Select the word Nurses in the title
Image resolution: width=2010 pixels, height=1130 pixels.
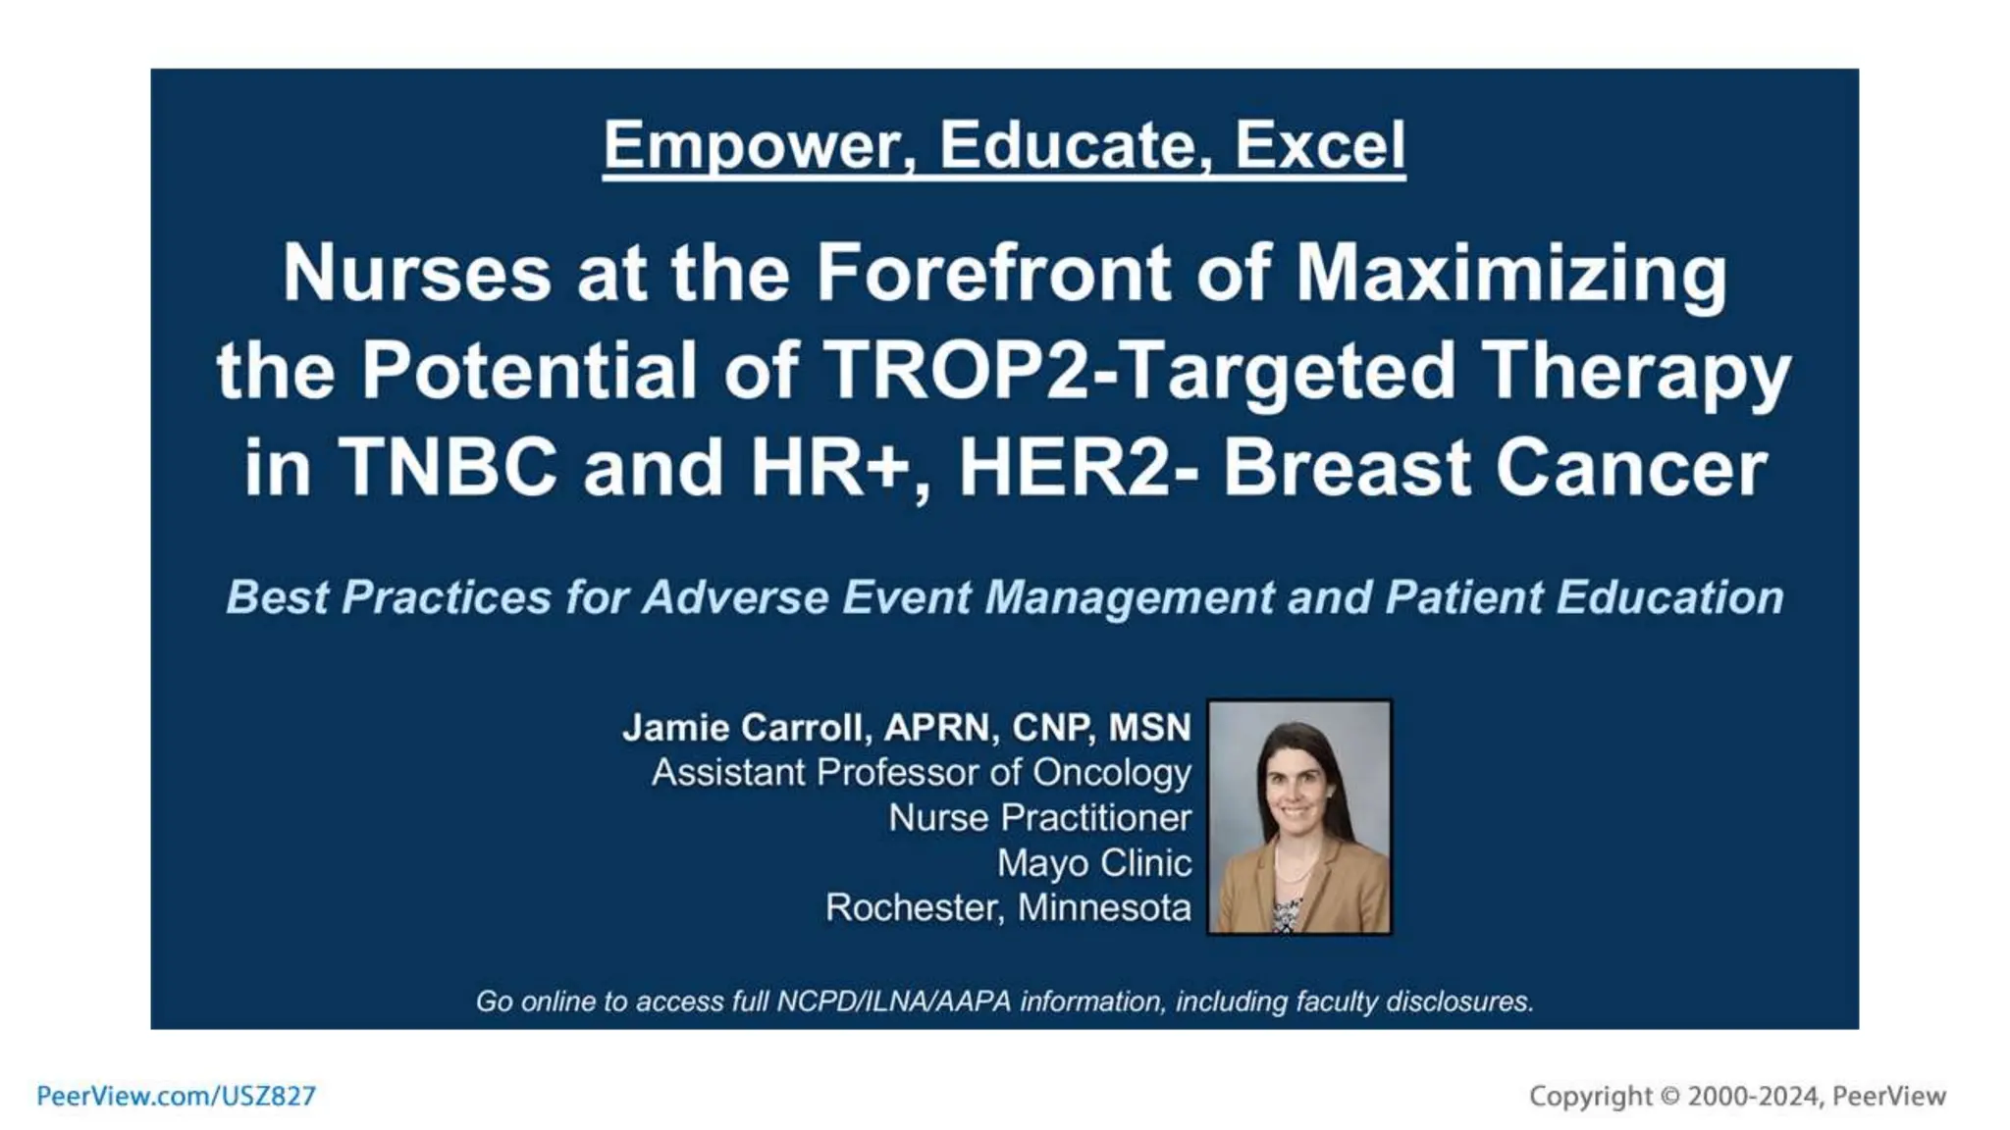tap(417, 273)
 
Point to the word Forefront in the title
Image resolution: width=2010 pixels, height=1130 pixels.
tap(994, 273)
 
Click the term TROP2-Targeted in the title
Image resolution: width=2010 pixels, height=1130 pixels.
tap(1138, 371)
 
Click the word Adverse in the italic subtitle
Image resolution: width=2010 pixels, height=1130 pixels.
tap(736, 597)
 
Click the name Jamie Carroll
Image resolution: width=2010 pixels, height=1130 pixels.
tap(746, 728)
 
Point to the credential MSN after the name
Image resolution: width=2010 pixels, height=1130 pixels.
tap(1149, 728)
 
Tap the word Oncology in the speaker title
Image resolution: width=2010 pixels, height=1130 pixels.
tap(1111, 773)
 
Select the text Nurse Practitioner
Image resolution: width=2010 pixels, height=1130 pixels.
tap(1039, 818)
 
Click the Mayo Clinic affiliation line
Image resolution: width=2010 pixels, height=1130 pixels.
tap(1094, 863)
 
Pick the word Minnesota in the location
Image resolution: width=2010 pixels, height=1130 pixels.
tap(1104, 908)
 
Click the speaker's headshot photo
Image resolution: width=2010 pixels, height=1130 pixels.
tap(1299, 816)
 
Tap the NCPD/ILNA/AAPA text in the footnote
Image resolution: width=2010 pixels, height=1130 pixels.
tap(893, 1002)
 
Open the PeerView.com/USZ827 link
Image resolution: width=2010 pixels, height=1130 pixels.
tap(177, 1096)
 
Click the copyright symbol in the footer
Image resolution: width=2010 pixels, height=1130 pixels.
tap(1669, 1097)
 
